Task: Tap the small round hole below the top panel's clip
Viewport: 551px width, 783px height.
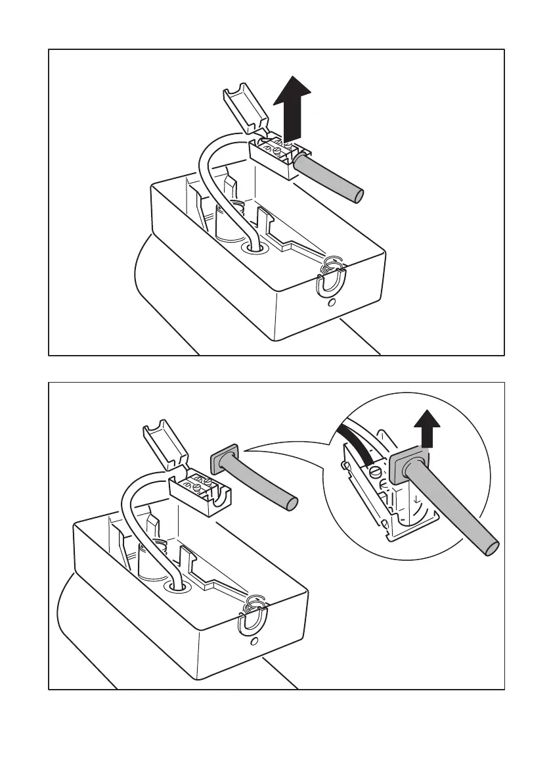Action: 332,303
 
